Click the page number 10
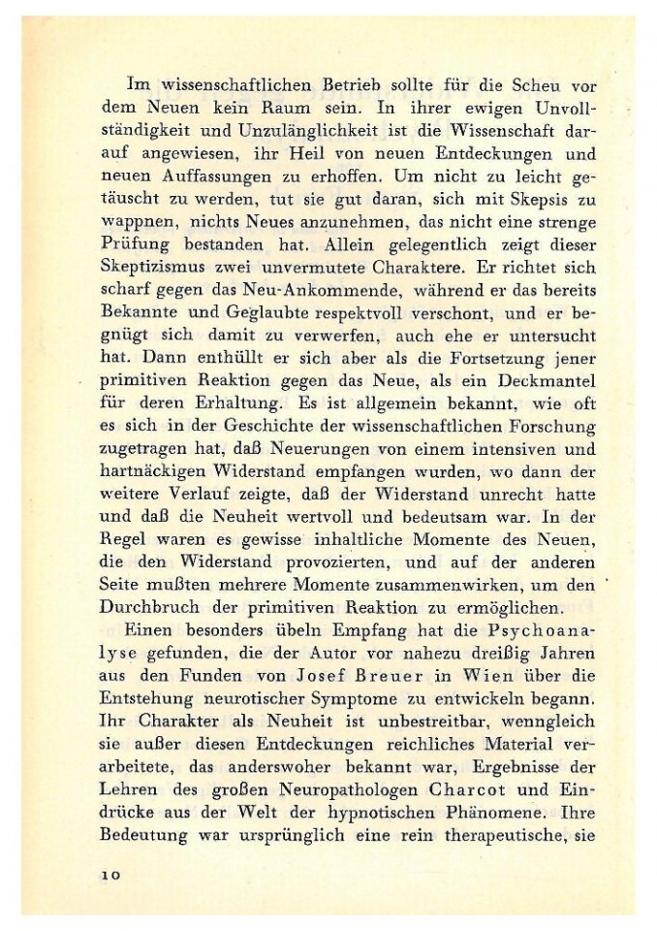[108, 874]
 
